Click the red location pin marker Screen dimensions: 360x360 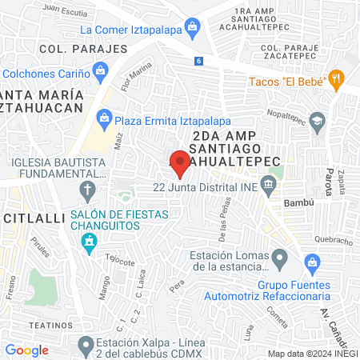(x=179, y=162)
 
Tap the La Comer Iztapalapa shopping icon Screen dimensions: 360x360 (x=192, y=30)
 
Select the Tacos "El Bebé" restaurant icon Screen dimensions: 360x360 (x=337, y=79)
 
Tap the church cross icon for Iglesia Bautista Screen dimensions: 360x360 (x=87, y=190)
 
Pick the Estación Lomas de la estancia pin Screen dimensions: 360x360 (x=279, y=258)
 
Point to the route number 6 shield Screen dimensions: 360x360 (x=198, y=61)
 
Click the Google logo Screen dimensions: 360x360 (x=26, y=350)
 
